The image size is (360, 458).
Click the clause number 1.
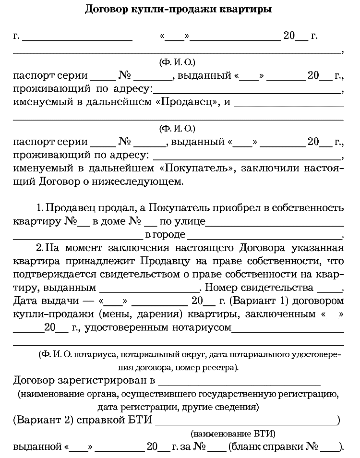point(40,209)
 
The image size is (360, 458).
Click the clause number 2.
point(40,249)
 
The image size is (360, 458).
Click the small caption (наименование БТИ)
point(233,434)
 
